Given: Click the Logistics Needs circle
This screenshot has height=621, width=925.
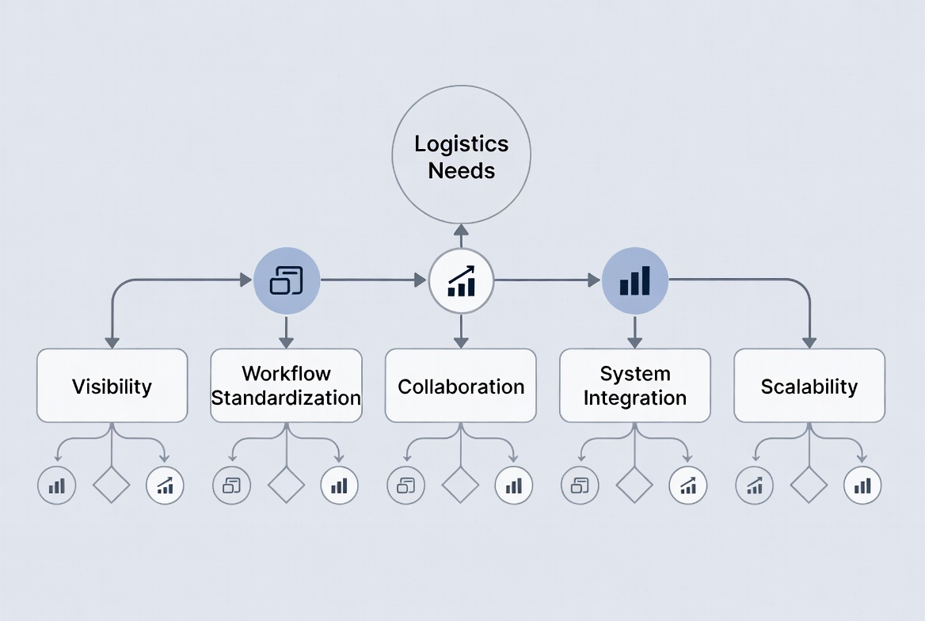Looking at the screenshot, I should tap(462, 154).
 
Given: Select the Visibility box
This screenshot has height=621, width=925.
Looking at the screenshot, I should tap(112, 386).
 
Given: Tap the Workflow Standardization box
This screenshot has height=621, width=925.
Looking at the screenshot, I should tap(286, 386).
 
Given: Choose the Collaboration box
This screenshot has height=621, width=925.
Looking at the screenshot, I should tap(461, 386).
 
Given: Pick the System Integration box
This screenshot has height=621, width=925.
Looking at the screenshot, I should tap(635, 386).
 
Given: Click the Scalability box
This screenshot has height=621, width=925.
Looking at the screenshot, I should tap(809, 386).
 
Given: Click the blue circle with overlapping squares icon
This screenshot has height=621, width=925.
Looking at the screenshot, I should tap(287, 280).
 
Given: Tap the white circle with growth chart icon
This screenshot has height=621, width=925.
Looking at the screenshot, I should tap(461, 280).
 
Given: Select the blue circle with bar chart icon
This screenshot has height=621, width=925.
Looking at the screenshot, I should tap(635, 280).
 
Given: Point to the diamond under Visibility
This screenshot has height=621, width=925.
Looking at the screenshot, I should tap(112, 485).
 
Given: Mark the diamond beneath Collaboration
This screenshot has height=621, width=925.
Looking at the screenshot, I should tap(460, 485).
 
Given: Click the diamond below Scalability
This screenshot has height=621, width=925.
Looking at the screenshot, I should tap(809, 485).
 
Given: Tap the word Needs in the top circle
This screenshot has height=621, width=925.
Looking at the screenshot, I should tap(462, 170).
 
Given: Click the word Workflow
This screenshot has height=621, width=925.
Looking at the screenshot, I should tap(286, 373).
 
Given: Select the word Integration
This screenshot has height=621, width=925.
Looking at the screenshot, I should tap(635, 398).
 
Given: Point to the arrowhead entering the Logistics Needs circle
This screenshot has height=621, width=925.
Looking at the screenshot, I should tap(461, 230).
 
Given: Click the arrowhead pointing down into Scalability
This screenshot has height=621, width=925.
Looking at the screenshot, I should tap(809, 342).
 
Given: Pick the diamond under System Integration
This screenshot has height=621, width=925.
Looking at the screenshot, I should tap(634, 485).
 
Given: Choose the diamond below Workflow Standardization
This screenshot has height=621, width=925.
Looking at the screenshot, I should tap(286, 485).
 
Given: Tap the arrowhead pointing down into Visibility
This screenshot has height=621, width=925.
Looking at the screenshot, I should tap(112, 342).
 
